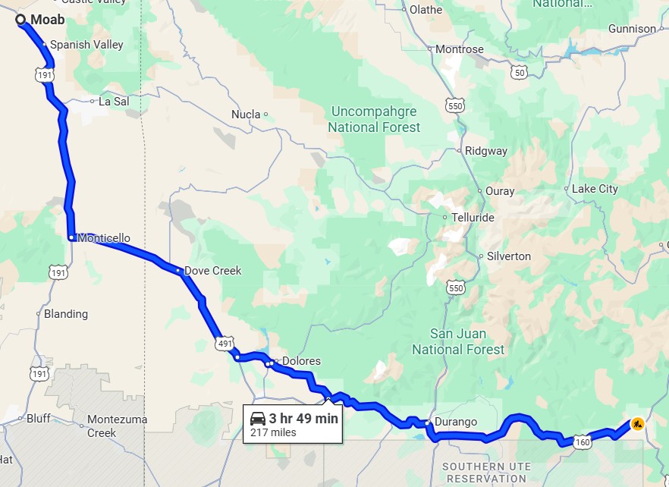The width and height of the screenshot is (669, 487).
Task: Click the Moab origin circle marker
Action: tap(21, 20)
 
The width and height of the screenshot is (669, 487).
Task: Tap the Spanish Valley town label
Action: tap(86, 45)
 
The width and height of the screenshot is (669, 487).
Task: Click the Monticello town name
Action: tap(104, 238)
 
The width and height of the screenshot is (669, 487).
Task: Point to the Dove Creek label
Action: tap(212, 271)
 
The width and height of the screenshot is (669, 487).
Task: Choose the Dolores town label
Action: tap(301, 361)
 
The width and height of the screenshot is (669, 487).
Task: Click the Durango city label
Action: tap(456, 422)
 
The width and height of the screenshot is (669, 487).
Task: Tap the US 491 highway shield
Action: tap(224, 344)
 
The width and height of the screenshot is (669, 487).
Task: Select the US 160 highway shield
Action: tap(582, 441)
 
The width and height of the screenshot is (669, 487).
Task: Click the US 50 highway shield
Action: tap(519, 72)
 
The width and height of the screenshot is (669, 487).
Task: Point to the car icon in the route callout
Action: tap(258, 418)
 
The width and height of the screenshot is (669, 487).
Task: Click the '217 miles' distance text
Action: tap(273, 433)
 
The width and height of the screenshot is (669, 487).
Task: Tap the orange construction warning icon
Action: tap(637, 424)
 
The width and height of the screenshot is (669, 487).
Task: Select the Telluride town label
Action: tap(473, 218)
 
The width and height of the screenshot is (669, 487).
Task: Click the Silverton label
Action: tap(508, 256)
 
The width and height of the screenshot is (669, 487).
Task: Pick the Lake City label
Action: tap(595, 189)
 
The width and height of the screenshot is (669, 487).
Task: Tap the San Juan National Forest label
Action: tap(458, 341)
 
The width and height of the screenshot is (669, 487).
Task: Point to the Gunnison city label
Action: tap(632, 29)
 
